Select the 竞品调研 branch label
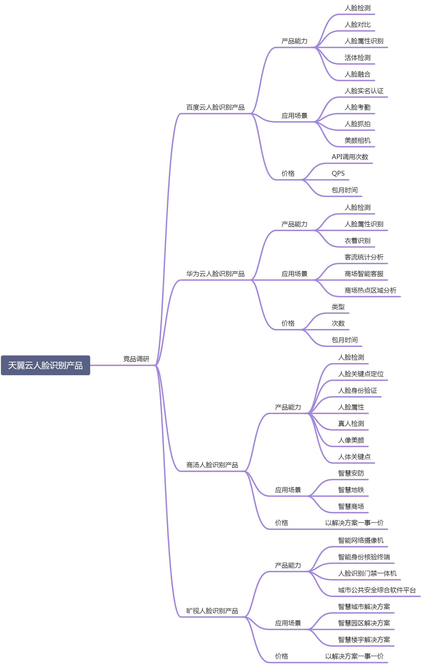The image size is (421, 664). tap(136, 359)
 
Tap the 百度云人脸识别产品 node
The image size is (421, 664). tap(215, 107)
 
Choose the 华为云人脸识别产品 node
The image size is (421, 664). tap(215, 274)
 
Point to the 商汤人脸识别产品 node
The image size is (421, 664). tap(212, 465)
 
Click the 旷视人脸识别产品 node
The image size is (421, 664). tap(212, 611)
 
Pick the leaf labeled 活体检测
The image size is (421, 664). tap(357, 58)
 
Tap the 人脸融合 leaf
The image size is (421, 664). tap(357, 74)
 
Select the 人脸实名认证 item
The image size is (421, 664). tap(364, 91)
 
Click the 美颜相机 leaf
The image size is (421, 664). tap(357, 140)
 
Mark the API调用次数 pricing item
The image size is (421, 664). tap(350, 157)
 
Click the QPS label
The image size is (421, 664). tap(338, 173)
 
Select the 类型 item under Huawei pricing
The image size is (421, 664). tap(338, 307)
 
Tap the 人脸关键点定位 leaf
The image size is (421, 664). tap(361, 374)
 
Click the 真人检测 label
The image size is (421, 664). tap(351, 424)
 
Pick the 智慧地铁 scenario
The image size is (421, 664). tap(351, 490)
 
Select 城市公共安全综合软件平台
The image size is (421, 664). tap(377, 590)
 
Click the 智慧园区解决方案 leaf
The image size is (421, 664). tap(364, 623)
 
